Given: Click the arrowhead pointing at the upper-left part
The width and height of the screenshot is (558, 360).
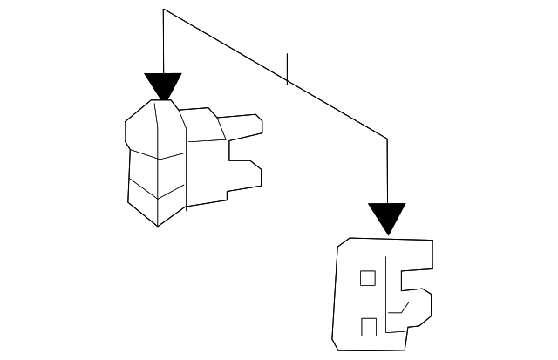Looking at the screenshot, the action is pyautogui.click(x=163, y=86).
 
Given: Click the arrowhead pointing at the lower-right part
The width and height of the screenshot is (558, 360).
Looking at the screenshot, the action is pyautogui.click(x=386, y=218).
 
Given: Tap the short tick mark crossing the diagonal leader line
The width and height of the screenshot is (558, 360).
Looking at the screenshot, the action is pyautogui.click(x=287, y=69).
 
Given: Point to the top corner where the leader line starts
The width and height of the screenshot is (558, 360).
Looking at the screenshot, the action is pyautogui.click(x=163, y=10).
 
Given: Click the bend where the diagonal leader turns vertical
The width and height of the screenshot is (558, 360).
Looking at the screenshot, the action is pyautogui.click(x=386, y=137).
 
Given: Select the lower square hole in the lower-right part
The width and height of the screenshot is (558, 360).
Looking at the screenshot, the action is pyautogui.click(x=368, y=326).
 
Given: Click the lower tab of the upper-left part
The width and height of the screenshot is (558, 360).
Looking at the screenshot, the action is pyautogui.click(x=244, y=179).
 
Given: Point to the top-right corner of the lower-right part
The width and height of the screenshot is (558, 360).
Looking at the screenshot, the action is pyautogui.click(x=432, y=239).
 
